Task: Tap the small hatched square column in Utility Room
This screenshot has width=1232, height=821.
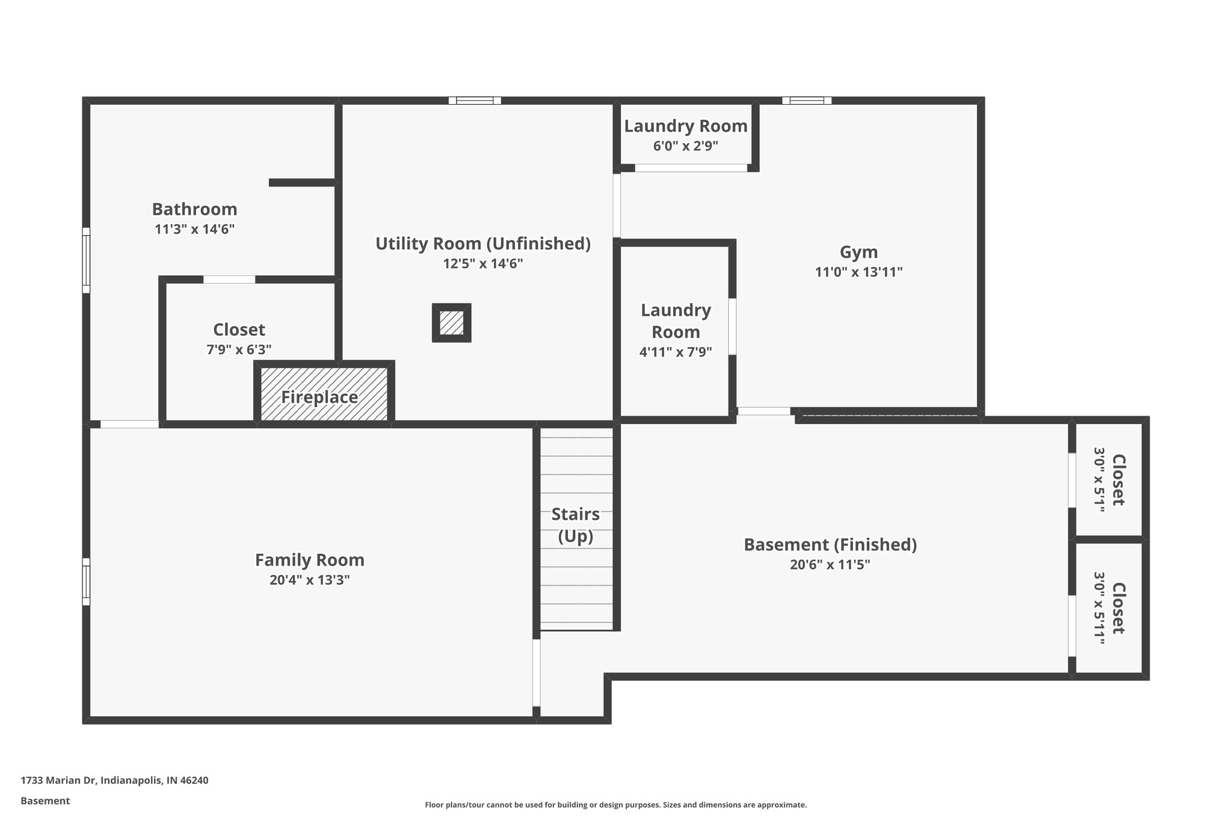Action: tap(451, 323)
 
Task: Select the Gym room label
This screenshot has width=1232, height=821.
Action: tap(858, 252)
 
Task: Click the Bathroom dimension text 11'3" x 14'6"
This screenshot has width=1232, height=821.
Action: tap(194, 229)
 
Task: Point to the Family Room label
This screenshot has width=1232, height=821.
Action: tap(309, 560)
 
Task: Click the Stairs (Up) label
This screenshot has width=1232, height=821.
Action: tap(576, 524)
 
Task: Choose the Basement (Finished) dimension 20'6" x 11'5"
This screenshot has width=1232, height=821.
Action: tap(830, 565)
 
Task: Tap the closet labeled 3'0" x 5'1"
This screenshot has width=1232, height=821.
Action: tap(1109, 480)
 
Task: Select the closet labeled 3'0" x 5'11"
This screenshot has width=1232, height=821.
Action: tap(1109, 608)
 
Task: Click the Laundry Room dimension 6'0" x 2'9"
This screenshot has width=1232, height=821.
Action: tap(685, 146)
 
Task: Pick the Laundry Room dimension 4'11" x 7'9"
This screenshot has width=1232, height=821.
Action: tap(675, 352)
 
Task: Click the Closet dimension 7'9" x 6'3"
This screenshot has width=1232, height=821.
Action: tap(239, 349)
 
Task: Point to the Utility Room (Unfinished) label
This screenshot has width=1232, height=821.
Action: tap(482, 244)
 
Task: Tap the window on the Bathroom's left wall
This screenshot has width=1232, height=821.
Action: tap(86, 260)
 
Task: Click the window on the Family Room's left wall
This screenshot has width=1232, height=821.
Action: tap(86, 582)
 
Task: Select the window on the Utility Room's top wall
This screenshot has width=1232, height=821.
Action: tap(475, 100)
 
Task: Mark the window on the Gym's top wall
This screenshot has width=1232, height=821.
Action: tap(807, 100)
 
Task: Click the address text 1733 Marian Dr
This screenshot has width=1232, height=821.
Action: tap(114, 780)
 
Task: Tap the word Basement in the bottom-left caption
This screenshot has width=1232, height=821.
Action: tap(45, 801)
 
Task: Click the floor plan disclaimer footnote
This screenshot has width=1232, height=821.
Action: tap(615, 805)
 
